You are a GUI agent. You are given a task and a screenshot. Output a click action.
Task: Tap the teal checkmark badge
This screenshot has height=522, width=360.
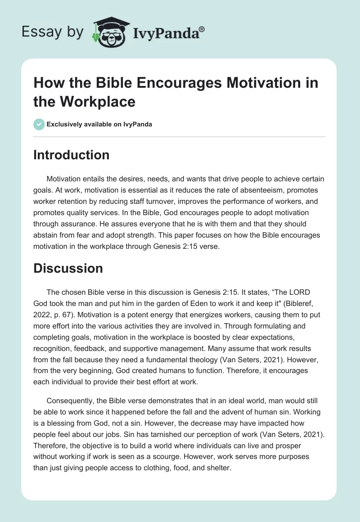(x=39, y=124)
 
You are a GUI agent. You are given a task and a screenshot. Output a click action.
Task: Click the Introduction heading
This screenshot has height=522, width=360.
(x=72, y=155)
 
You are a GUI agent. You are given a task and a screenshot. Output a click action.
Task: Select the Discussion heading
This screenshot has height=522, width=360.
(x=68, y=268)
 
